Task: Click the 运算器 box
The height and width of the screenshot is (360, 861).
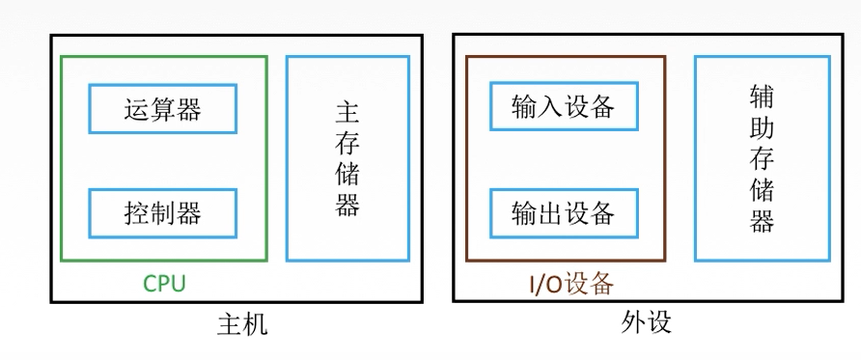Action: pyautogui.click(x=162, y=109)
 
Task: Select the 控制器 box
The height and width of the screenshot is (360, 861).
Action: pyautogui.click(x=162, y=212)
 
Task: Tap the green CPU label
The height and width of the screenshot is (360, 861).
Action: pyautogui.click(x=163, y=284)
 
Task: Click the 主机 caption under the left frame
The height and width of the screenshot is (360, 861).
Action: pyautogui.click(x=241, y=325)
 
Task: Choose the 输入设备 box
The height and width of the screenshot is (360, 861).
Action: pyautogui.click(x=564, y=105)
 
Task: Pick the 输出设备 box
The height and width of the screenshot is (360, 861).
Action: pyautogui.click(x=564, y=211)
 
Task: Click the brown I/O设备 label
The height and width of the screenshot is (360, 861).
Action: pyautogui.click(x=570, y=284)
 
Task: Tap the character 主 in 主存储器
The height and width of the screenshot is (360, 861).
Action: pyautogui.click(x=347, y=113)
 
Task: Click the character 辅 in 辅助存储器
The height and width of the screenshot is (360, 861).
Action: pyautogui.click(x=762, y=97)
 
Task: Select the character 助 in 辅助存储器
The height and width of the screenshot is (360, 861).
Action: pyautogui.click(x=762, y=128)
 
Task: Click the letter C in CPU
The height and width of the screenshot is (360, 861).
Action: pyautogui.click(x=150, y=284)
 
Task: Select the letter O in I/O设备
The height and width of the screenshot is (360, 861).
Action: pyautogui.click(x=554, y=284)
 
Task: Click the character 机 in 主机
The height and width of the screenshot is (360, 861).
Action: pyautogui.click(x=255, y=325)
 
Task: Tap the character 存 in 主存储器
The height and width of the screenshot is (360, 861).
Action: pyautogui.click(x=347, y=144)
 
